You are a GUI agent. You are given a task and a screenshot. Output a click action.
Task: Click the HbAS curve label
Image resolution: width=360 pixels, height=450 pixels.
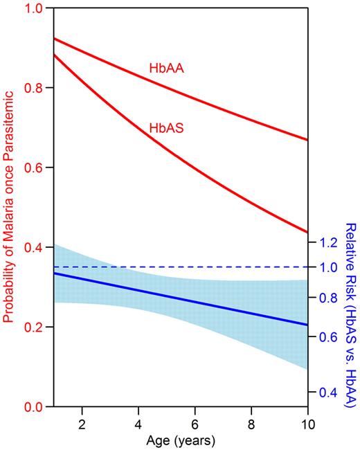[x=165, y=127]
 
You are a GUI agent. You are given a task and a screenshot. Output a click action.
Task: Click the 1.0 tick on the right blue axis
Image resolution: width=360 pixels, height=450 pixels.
[x=326, y=267]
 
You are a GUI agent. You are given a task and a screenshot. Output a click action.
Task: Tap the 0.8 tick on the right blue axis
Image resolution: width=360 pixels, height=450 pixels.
[x=326, y=298]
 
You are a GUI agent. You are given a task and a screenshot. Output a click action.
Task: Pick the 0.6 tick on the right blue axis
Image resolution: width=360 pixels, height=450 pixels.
[x=326, y=338]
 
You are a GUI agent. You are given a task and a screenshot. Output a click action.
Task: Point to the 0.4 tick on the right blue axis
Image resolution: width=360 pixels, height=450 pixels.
[x=326, y=393]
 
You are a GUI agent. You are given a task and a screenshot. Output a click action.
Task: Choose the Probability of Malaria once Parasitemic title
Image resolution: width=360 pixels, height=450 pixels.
[x=10, y=208]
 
